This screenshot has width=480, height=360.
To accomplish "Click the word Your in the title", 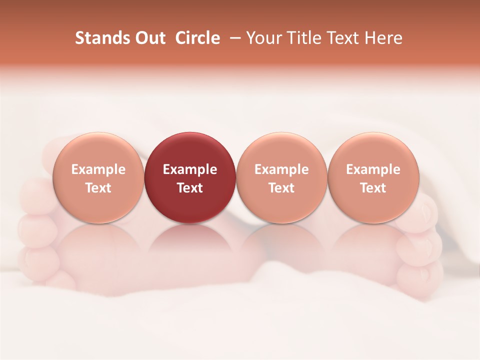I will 262,38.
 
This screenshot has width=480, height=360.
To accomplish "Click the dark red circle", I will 189,150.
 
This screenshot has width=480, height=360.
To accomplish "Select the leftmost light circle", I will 98,150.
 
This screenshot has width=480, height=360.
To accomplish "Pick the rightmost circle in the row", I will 373,150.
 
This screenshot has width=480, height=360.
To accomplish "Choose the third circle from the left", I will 281,150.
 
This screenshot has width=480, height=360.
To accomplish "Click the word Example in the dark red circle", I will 190,169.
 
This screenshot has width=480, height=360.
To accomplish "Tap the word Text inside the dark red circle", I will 190,188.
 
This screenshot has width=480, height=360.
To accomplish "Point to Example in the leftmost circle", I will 98,169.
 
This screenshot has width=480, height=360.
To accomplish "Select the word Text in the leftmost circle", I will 98,188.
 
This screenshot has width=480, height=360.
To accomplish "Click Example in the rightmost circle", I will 373,169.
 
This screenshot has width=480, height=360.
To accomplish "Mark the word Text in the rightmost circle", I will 373,188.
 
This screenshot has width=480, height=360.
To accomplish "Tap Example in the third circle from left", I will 281,169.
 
